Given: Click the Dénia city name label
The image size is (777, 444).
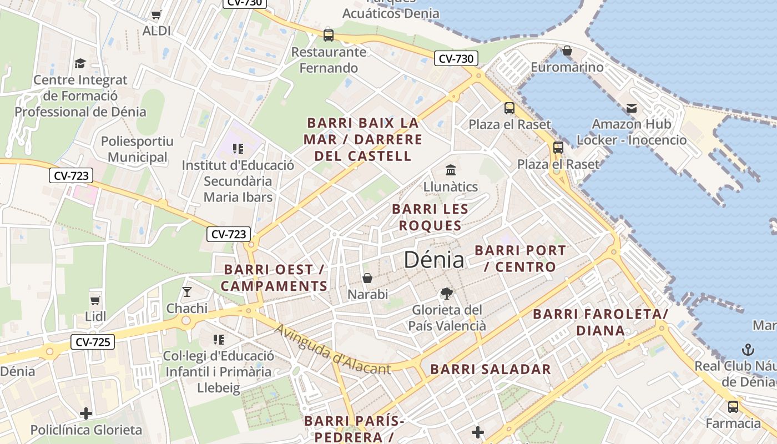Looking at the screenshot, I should click(434, 260).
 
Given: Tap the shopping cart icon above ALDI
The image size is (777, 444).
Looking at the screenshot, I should click(157, 14).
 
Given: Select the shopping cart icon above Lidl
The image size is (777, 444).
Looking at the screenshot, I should click(95, 300).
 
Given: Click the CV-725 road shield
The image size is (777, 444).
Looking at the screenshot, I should click(93, 342).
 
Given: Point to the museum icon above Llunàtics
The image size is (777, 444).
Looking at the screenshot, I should click(450, 170).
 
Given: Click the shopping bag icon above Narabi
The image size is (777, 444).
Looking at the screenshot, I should click(367, 277).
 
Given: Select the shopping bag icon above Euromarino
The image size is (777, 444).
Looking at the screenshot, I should click(567, 51).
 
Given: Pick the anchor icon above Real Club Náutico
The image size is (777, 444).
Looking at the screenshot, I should click(748, 350).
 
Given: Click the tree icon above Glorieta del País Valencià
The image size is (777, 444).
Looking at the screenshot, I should click(447, 294).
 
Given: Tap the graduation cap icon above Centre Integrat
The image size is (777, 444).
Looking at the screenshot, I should click(80, 63).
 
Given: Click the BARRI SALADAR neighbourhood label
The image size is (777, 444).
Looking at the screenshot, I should click(491, 370).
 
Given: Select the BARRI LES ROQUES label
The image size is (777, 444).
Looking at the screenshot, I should click(430, 218).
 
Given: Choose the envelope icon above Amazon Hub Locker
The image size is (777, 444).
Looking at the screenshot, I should click(632, 108).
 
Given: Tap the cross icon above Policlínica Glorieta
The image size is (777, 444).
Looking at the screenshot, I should click(86, 413).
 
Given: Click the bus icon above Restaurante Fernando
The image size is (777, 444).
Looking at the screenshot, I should click(329, 36).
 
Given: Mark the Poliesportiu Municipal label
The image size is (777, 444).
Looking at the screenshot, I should click(137, 149).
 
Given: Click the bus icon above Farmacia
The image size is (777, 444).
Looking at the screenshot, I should click(733, 407).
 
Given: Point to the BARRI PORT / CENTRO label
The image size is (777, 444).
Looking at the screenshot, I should click(520, 259).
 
